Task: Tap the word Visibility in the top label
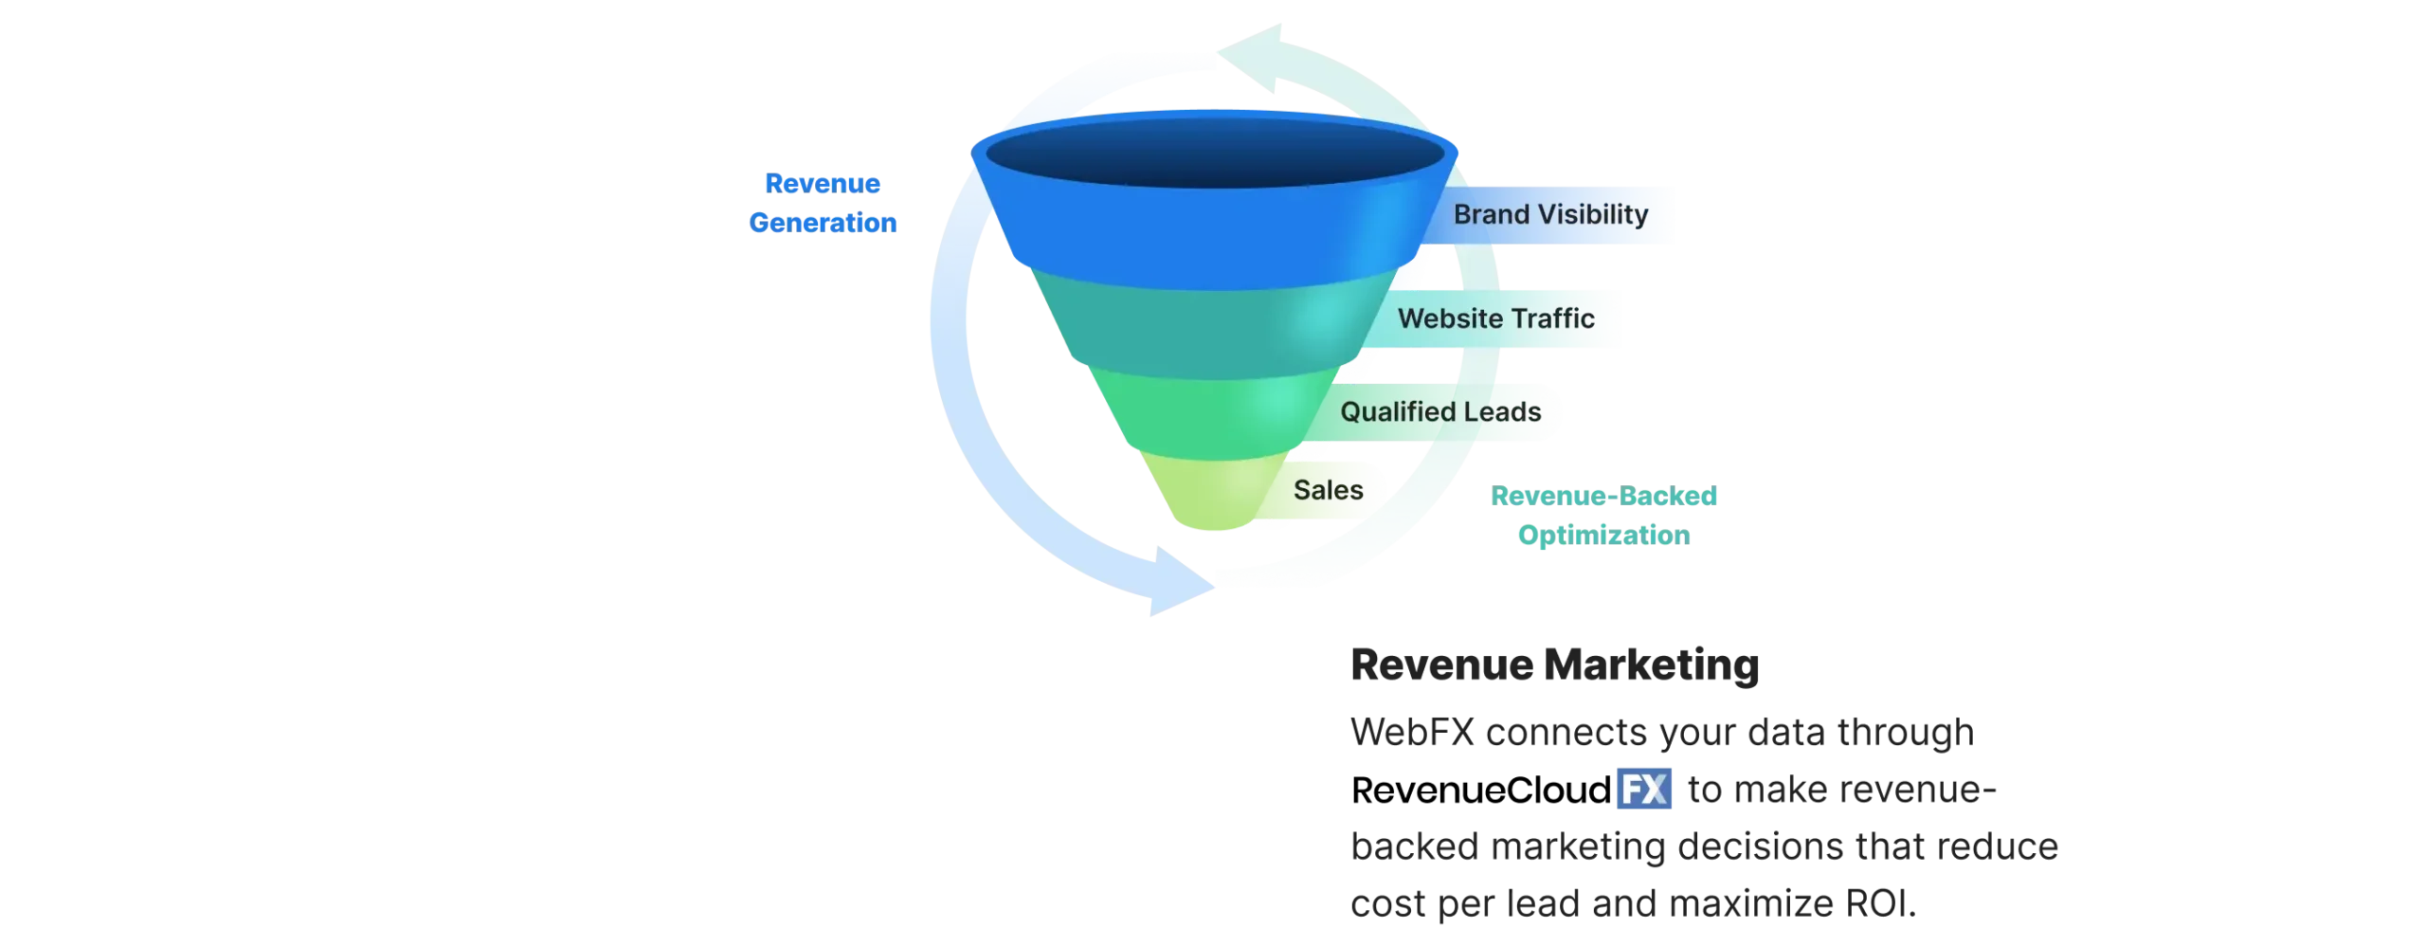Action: (1592, 215)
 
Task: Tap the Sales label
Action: (1329, 490)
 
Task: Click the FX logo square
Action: (1644, 790)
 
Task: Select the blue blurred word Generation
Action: (823, 223)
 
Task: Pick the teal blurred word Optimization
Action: (1603, 535)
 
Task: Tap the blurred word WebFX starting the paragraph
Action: (1412, 735)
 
